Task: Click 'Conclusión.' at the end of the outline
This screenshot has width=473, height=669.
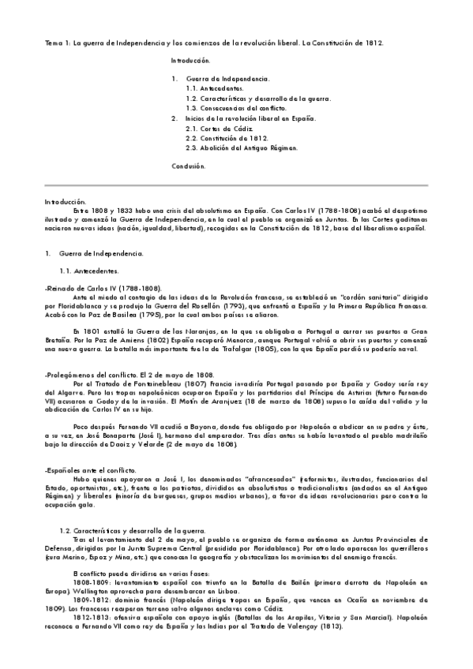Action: point(189,166)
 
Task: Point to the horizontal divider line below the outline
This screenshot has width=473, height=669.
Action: point(236,185)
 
